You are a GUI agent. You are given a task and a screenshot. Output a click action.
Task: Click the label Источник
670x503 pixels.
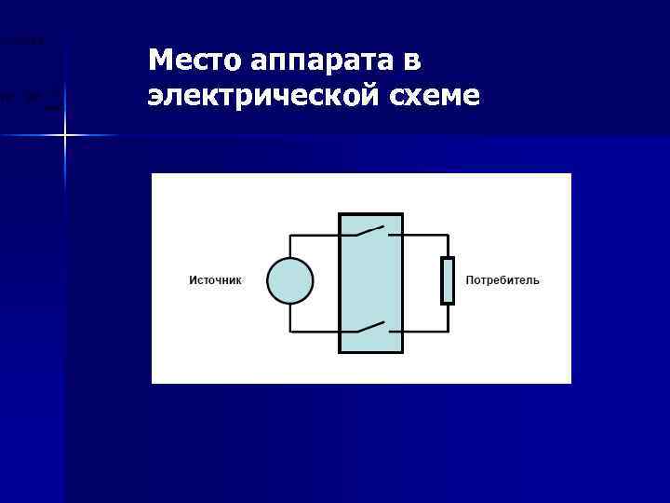coord(215,280)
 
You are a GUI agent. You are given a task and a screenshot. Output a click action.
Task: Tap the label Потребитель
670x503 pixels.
coord(502,280)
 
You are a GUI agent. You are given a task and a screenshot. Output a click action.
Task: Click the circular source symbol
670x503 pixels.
coord(290,281)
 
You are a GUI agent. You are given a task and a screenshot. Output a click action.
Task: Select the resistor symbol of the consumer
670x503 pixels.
coord(448,281)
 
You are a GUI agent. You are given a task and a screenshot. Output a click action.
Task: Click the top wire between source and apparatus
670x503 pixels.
coord(315,235)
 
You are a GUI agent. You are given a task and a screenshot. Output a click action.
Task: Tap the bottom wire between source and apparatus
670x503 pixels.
coord(315,332)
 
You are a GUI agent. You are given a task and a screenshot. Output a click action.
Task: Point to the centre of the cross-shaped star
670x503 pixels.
coord(65,136)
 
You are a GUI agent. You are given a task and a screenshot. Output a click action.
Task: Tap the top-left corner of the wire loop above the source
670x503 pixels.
coord(290,235)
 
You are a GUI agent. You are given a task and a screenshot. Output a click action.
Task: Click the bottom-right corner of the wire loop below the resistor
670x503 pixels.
coord(448,332)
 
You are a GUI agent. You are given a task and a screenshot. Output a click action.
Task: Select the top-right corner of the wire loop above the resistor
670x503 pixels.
coord(448,235)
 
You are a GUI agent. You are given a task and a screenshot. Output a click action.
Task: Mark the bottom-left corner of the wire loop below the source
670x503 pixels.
coord(290,332)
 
